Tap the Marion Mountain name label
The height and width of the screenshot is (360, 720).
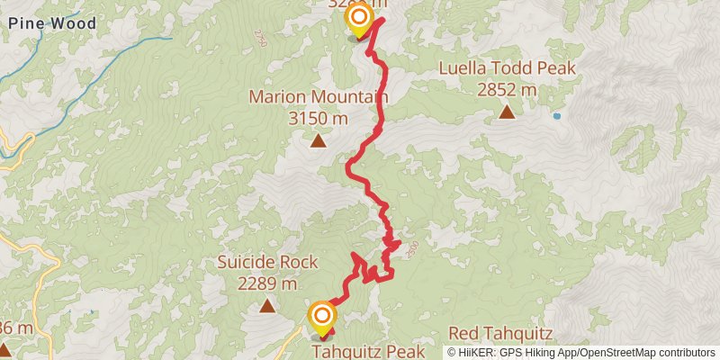318,97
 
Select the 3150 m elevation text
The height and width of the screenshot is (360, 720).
318,118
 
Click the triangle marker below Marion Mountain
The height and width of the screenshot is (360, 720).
318,140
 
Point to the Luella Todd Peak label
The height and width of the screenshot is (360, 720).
507,68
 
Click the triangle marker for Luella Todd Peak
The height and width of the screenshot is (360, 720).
507,112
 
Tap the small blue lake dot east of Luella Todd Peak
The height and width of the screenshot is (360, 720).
557,116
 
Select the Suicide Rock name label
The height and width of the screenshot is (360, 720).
267,263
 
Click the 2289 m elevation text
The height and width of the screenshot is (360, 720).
267,283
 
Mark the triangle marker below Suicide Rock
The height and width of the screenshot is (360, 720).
267,306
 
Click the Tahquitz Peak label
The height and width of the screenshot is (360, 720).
368,351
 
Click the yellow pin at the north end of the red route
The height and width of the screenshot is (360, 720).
359,19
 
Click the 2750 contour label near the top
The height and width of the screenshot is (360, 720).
262,38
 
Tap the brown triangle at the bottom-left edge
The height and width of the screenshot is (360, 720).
4,349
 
